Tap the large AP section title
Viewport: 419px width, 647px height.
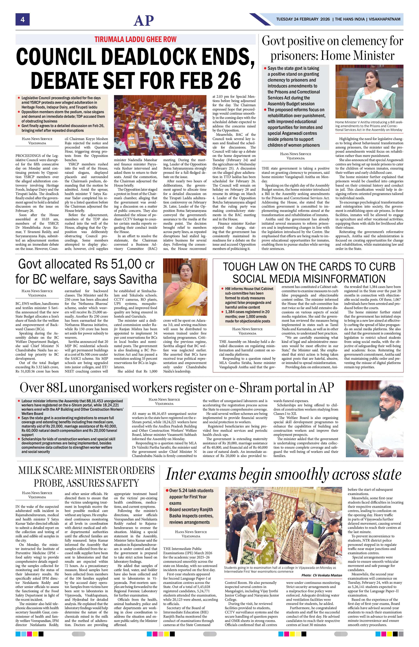[x=144, y=20]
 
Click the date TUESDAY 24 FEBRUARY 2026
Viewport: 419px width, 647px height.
[x=303, y=19]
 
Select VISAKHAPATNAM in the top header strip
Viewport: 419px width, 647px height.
[x=384, y=19]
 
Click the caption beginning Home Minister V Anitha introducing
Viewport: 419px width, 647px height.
[x=369, y=126]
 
